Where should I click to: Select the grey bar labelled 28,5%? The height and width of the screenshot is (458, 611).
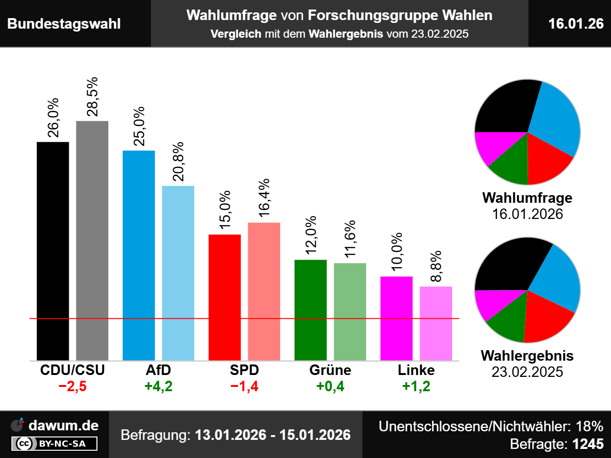92,241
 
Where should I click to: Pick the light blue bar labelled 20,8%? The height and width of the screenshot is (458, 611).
178,273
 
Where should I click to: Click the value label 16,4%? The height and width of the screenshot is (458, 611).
264,198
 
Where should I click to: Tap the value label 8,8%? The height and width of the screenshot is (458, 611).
436,266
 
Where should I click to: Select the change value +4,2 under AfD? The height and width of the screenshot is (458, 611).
158,386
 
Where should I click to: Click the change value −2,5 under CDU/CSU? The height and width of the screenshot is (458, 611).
73,386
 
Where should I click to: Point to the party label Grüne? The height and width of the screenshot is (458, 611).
330,370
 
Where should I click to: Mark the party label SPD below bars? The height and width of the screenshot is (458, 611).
244,370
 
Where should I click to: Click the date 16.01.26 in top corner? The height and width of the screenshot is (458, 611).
576,24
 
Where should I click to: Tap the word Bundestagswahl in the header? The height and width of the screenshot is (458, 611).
64,24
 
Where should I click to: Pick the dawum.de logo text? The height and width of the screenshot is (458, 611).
63,426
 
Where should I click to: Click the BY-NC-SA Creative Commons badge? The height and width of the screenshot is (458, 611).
54,444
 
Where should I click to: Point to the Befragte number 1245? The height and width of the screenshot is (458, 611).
588,444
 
